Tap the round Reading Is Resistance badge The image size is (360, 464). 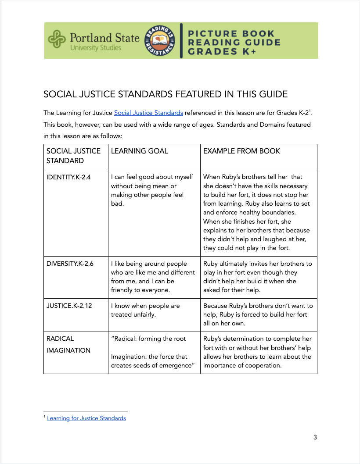[160, 40]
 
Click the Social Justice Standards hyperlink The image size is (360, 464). [148, 113]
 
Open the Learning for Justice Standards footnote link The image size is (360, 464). [86, 418]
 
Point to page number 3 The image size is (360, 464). [315, 437]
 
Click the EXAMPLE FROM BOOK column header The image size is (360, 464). [241, 151]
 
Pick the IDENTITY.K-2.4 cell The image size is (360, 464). [68, 177]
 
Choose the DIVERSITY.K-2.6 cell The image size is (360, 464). [70, 264]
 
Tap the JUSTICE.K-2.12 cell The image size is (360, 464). [69, 306]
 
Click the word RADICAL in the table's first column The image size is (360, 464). [60, 339]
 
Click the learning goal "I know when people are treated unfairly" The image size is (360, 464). [145, 310]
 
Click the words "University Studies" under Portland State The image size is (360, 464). [96, 48]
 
